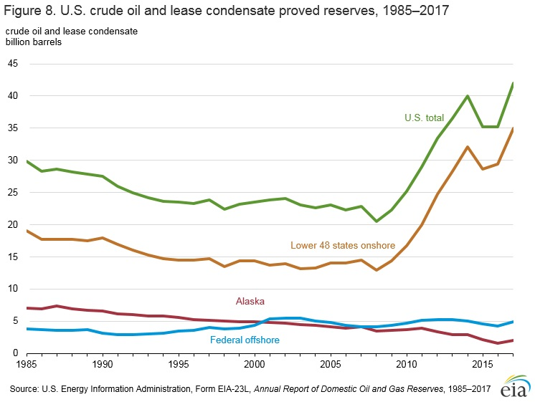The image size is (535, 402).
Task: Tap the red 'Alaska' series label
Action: (250, 302)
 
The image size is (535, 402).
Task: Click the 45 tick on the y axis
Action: (13, 64)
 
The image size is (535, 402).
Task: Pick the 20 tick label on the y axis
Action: (13, 224)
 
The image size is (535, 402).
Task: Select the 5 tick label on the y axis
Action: (16, 321)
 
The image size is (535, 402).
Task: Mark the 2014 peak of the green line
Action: (468, 96)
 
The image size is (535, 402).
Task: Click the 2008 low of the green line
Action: (377, 221)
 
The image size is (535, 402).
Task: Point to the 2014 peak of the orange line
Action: (468, 147)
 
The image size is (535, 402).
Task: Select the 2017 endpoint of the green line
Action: (513, 83)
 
